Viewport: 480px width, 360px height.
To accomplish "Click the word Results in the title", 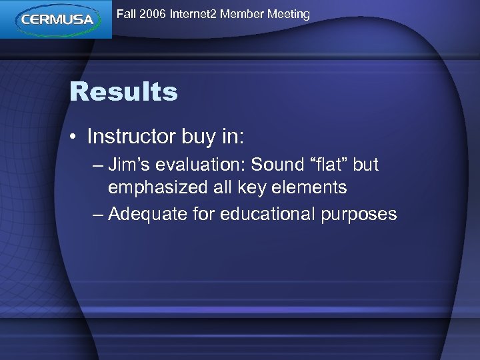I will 123,92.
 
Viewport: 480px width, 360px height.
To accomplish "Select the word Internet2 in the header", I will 194,14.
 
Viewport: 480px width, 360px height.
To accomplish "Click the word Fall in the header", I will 127,14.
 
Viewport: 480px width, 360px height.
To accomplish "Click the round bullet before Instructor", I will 75,137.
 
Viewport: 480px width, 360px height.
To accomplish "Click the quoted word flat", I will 330,165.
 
